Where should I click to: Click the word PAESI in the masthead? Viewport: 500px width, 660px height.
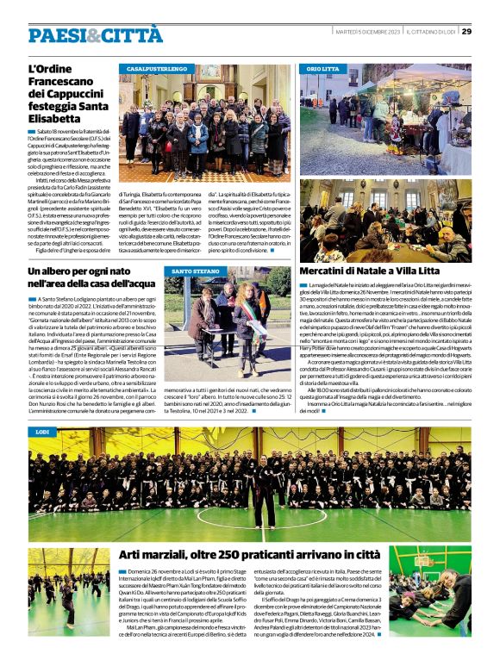point(56,35)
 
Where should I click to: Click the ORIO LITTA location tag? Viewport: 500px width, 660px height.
point(323,68)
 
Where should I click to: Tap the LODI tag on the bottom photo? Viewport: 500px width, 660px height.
point(42,430)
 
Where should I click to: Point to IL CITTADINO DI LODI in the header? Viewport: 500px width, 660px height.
point(429,32)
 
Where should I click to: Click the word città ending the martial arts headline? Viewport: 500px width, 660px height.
point(356,553)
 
